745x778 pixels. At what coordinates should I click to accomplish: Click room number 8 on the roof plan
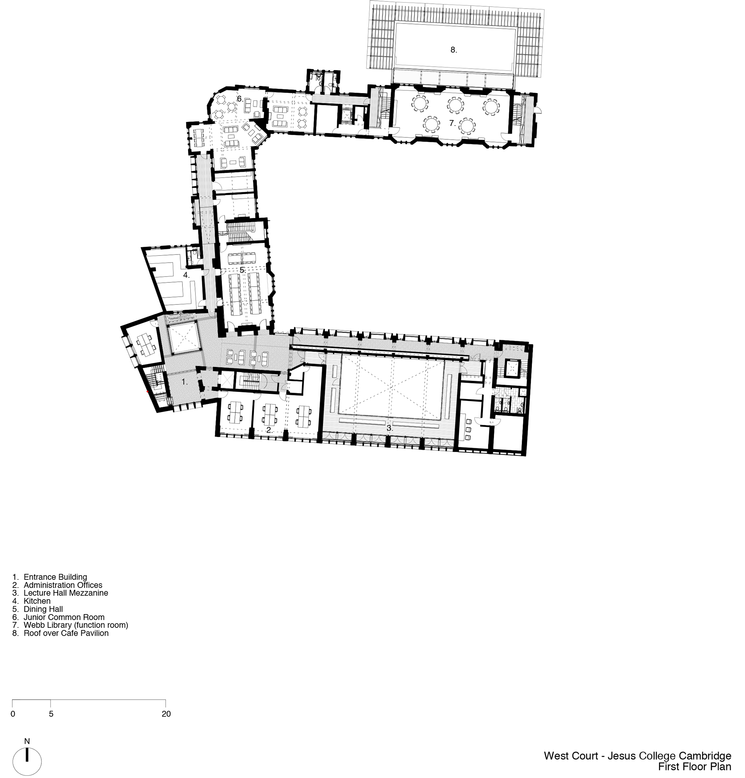pos(453,50)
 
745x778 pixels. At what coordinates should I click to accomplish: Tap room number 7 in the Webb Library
pos(452,123)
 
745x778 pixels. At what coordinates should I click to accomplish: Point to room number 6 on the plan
pos(240,99)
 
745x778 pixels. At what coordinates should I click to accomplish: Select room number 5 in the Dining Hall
pos(242,270)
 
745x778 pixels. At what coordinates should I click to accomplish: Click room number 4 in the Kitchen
pos(186,275)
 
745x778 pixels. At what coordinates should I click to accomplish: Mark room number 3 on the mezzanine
pos(389,428)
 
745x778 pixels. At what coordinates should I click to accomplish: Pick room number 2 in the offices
pos(269,430)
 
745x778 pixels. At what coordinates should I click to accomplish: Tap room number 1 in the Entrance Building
pos(184,382)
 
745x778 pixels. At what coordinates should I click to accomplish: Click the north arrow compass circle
pos(27,762)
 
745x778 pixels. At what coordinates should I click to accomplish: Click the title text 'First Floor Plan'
pos(694,766)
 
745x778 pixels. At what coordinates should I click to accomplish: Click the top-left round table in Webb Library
pos(419,103)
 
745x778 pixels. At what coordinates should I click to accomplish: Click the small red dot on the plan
pos(148,392)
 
